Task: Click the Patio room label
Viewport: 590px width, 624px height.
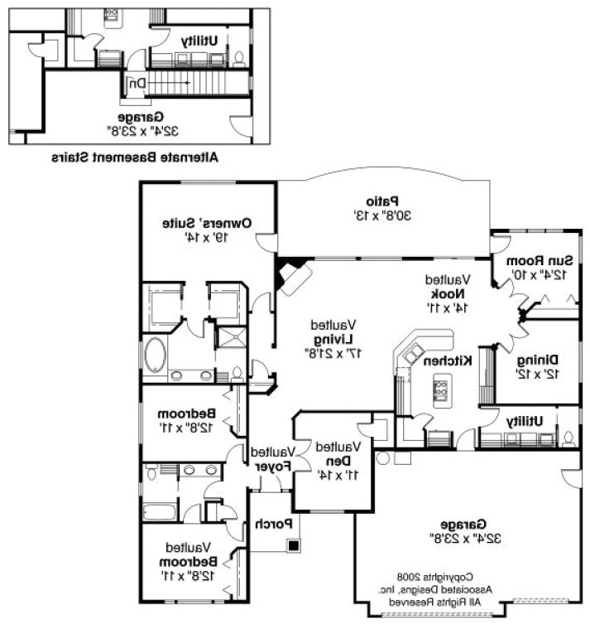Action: click(383, 201)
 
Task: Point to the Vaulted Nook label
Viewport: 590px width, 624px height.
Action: click(448, 293)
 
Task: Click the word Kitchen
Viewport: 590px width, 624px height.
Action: click(448, 360)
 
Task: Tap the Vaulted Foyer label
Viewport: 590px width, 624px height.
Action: click(274, 459)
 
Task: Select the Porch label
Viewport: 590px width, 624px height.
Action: click(270, 524)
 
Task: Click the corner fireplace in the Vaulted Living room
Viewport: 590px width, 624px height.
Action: click(292, 276)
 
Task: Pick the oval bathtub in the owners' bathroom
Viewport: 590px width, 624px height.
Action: click(155, 355)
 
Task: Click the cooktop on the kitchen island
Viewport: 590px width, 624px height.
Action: click(439, 385)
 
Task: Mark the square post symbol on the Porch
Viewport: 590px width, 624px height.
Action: click(293, 545)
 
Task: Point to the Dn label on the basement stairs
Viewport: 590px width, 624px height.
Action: click(136, 83)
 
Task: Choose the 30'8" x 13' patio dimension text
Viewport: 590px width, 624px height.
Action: click(383, 215)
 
